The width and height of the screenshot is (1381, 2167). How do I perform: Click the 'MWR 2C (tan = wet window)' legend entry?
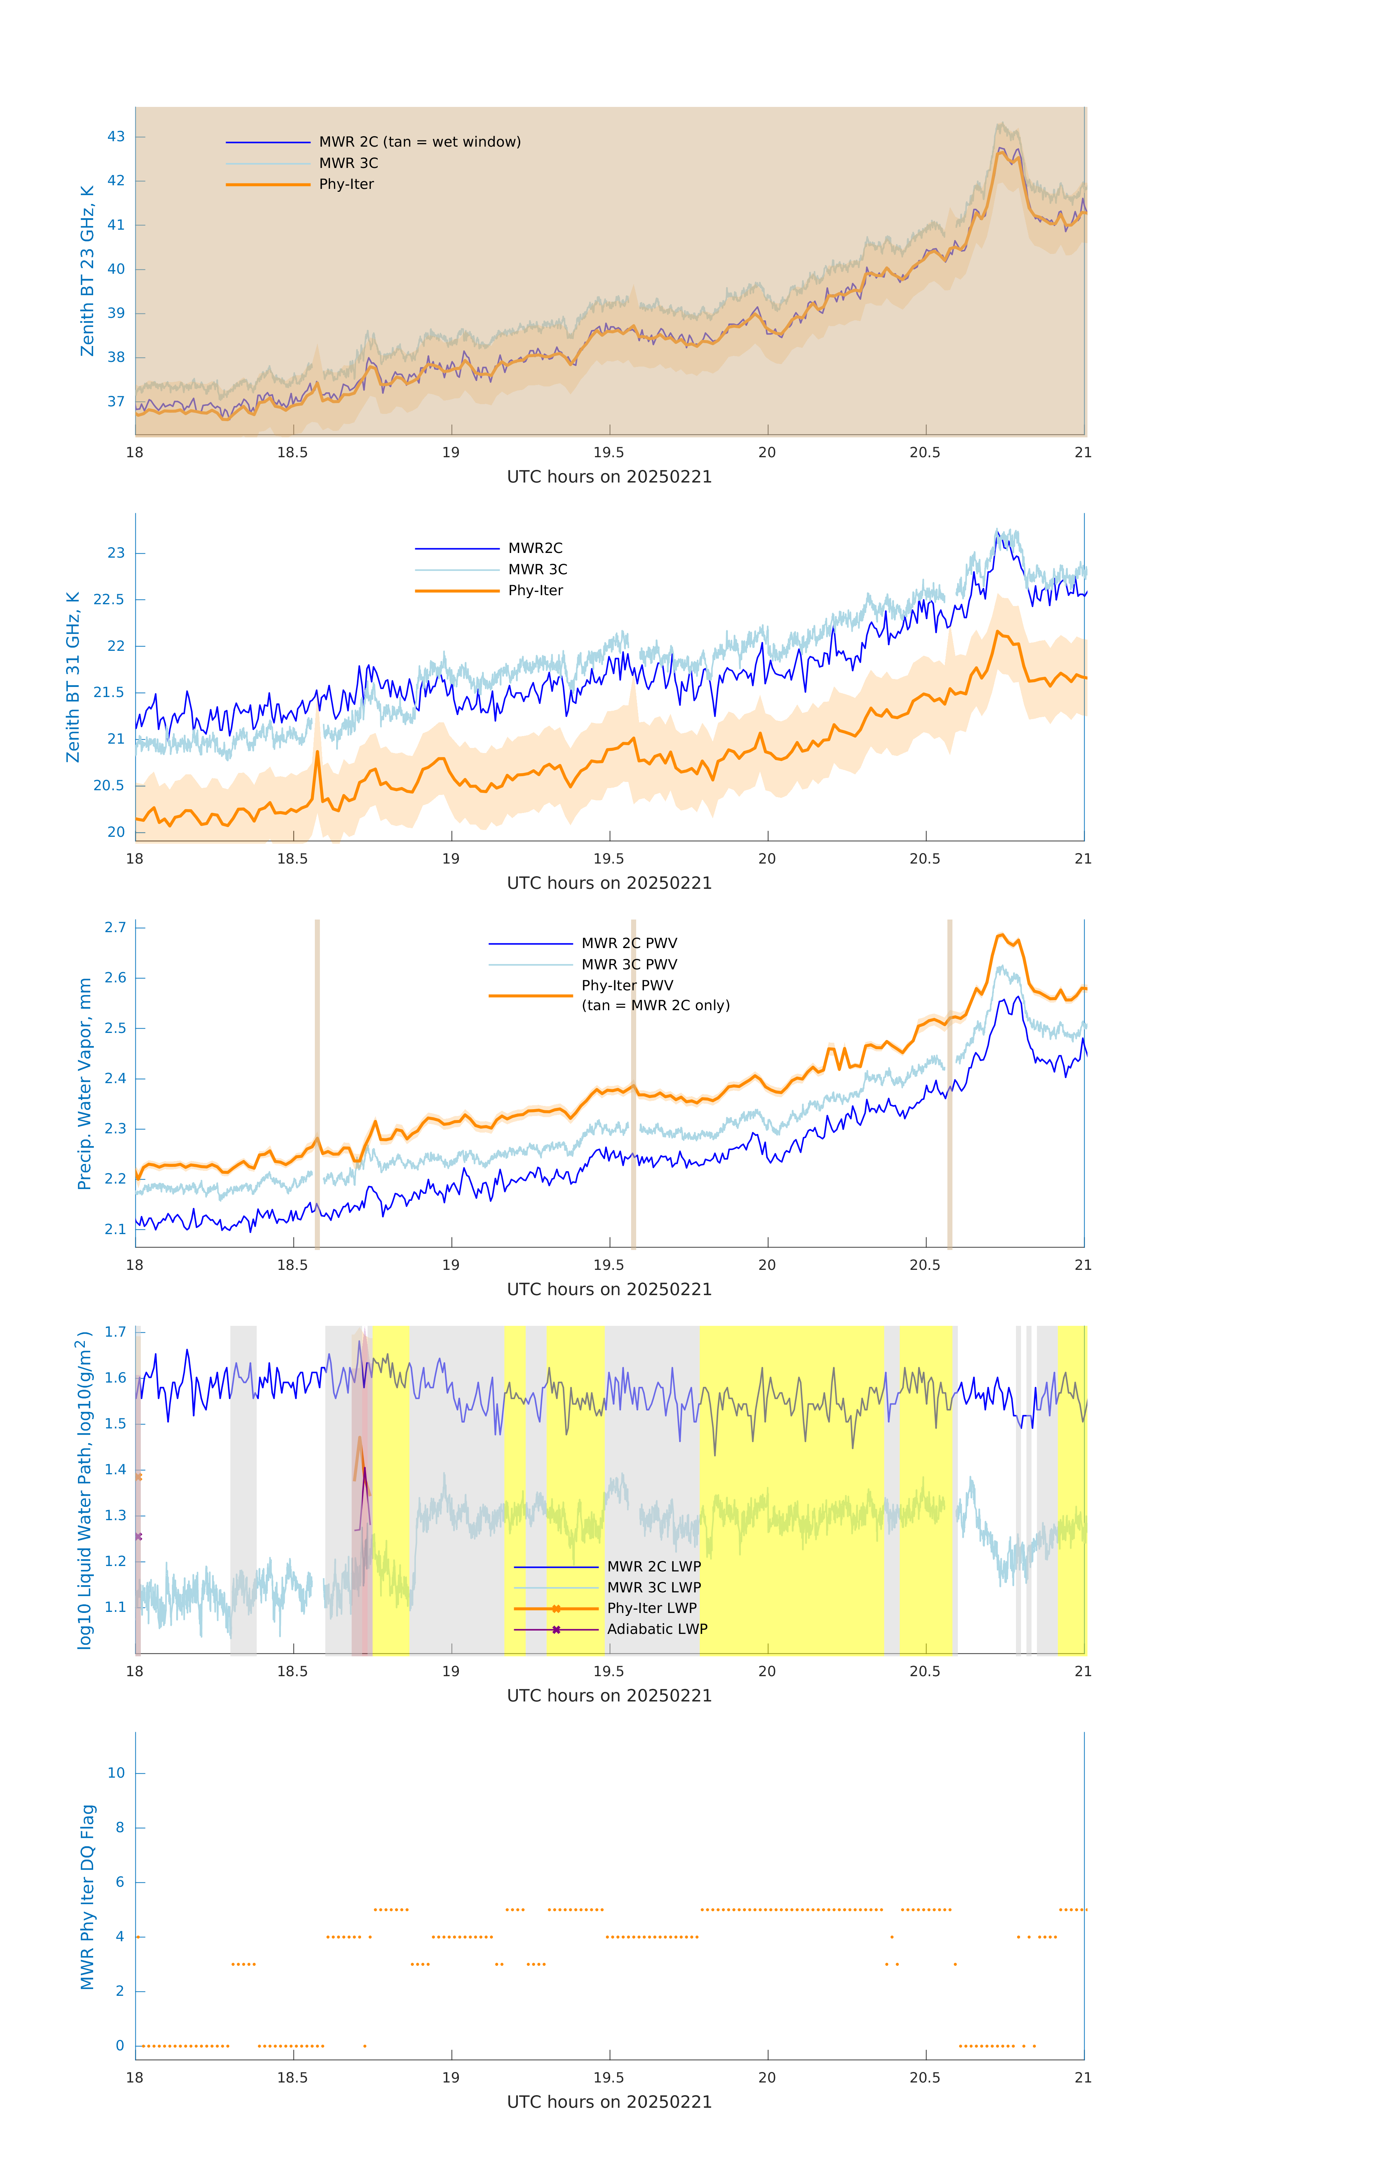click(419, 142)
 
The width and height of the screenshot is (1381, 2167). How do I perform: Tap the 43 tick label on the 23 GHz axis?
click(116, 137)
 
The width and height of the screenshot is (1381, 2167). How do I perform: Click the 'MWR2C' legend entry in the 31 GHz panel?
click(535, 548)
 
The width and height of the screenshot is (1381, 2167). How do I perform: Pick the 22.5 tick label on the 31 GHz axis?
click(109, 599)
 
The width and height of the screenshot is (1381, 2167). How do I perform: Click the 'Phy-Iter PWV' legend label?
click(627, 985)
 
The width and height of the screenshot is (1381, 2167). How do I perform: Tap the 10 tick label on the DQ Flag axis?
click(116, 1773)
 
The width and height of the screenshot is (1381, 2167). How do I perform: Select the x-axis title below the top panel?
click(609, 477)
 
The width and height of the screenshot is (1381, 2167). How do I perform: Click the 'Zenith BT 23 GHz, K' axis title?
click(87, 271)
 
